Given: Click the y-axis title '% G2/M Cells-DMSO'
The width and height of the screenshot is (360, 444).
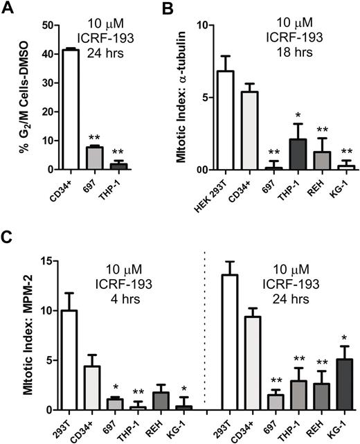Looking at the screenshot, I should (13, 97).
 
